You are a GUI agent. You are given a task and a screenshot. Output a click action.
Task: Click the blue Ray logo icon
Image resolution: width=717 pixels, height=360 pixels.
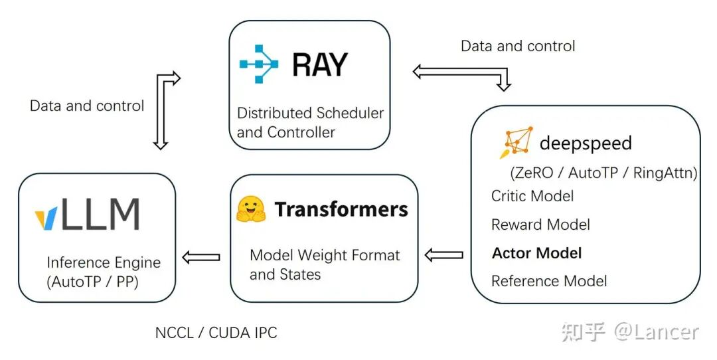coord(259,64)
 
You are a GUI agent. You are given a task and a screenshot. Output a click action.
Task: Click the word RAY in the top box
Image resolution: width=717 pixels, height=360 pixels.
coord(320,65)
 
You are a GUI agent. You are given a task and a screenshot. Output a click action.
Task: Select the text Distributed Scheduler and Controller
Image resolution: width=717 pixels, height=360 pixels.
coord(310,122)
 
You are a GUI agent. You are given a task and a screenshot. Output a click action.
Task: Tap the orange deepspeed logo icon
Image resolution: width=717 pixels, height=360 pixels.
coord(516,142)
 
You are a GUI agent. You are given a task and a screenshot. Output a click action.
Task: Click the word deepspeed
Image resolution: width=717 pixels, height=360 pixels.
coord(585,143)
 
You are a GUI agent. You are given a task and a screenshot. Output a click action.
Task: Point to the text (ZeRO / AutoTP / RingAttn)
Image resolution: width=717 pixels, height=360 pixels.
coord(603,173)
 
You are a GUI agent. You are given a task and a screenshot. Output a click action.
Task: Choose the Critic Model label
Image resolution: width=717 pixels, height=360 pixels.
coord(532,196)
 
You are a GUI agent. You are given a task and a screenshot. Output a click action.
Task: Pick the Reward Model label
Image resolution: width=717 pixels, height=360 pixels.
coord(540,225)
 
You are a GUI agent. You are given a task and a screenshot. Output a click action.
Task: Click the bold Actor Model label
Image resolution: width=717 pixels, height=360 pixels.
coord(536,253)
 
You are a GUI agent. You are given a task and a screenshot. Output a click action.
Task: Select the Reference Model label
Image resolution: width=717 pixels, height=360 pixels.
coord(549,281)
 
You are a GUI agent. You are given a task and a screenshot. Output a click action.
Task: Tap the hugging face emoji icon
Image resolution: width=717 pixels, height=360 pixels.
coord(251,209)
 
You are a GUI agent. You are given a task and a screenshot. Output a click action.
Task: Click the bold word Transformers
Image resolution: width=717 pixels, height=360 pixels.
coord(341,209)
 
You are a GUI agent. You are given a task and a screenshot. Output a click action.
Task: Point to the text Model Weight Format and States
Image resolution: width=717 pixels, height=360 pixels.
coord(325,264)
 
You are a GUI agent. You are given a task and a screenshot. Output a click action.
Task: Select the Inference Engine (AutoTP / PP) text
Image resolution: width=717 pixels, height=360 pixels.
coord(104,271)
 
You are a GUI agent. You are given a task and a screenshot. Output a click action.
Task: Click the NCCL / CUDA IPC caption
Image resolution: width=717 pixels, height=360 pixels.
coord(216,333)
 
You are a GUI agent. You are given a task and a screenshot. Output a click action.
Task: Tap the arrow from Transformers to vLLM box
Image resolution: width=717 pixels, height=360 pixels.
coord(201,257)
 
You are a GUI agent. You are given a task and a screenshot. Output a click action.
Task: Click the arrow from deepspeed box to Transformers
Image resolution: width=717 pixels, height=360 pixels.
coord(443,254)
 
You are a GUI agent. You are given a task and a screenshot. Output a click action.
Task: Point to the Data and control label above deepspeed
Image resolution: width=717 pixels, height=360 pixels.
coord(518,46)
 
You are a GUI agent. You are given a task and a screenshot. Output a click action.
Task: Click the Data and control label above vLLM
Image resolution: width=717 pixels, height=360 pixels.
coord(87,106)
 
